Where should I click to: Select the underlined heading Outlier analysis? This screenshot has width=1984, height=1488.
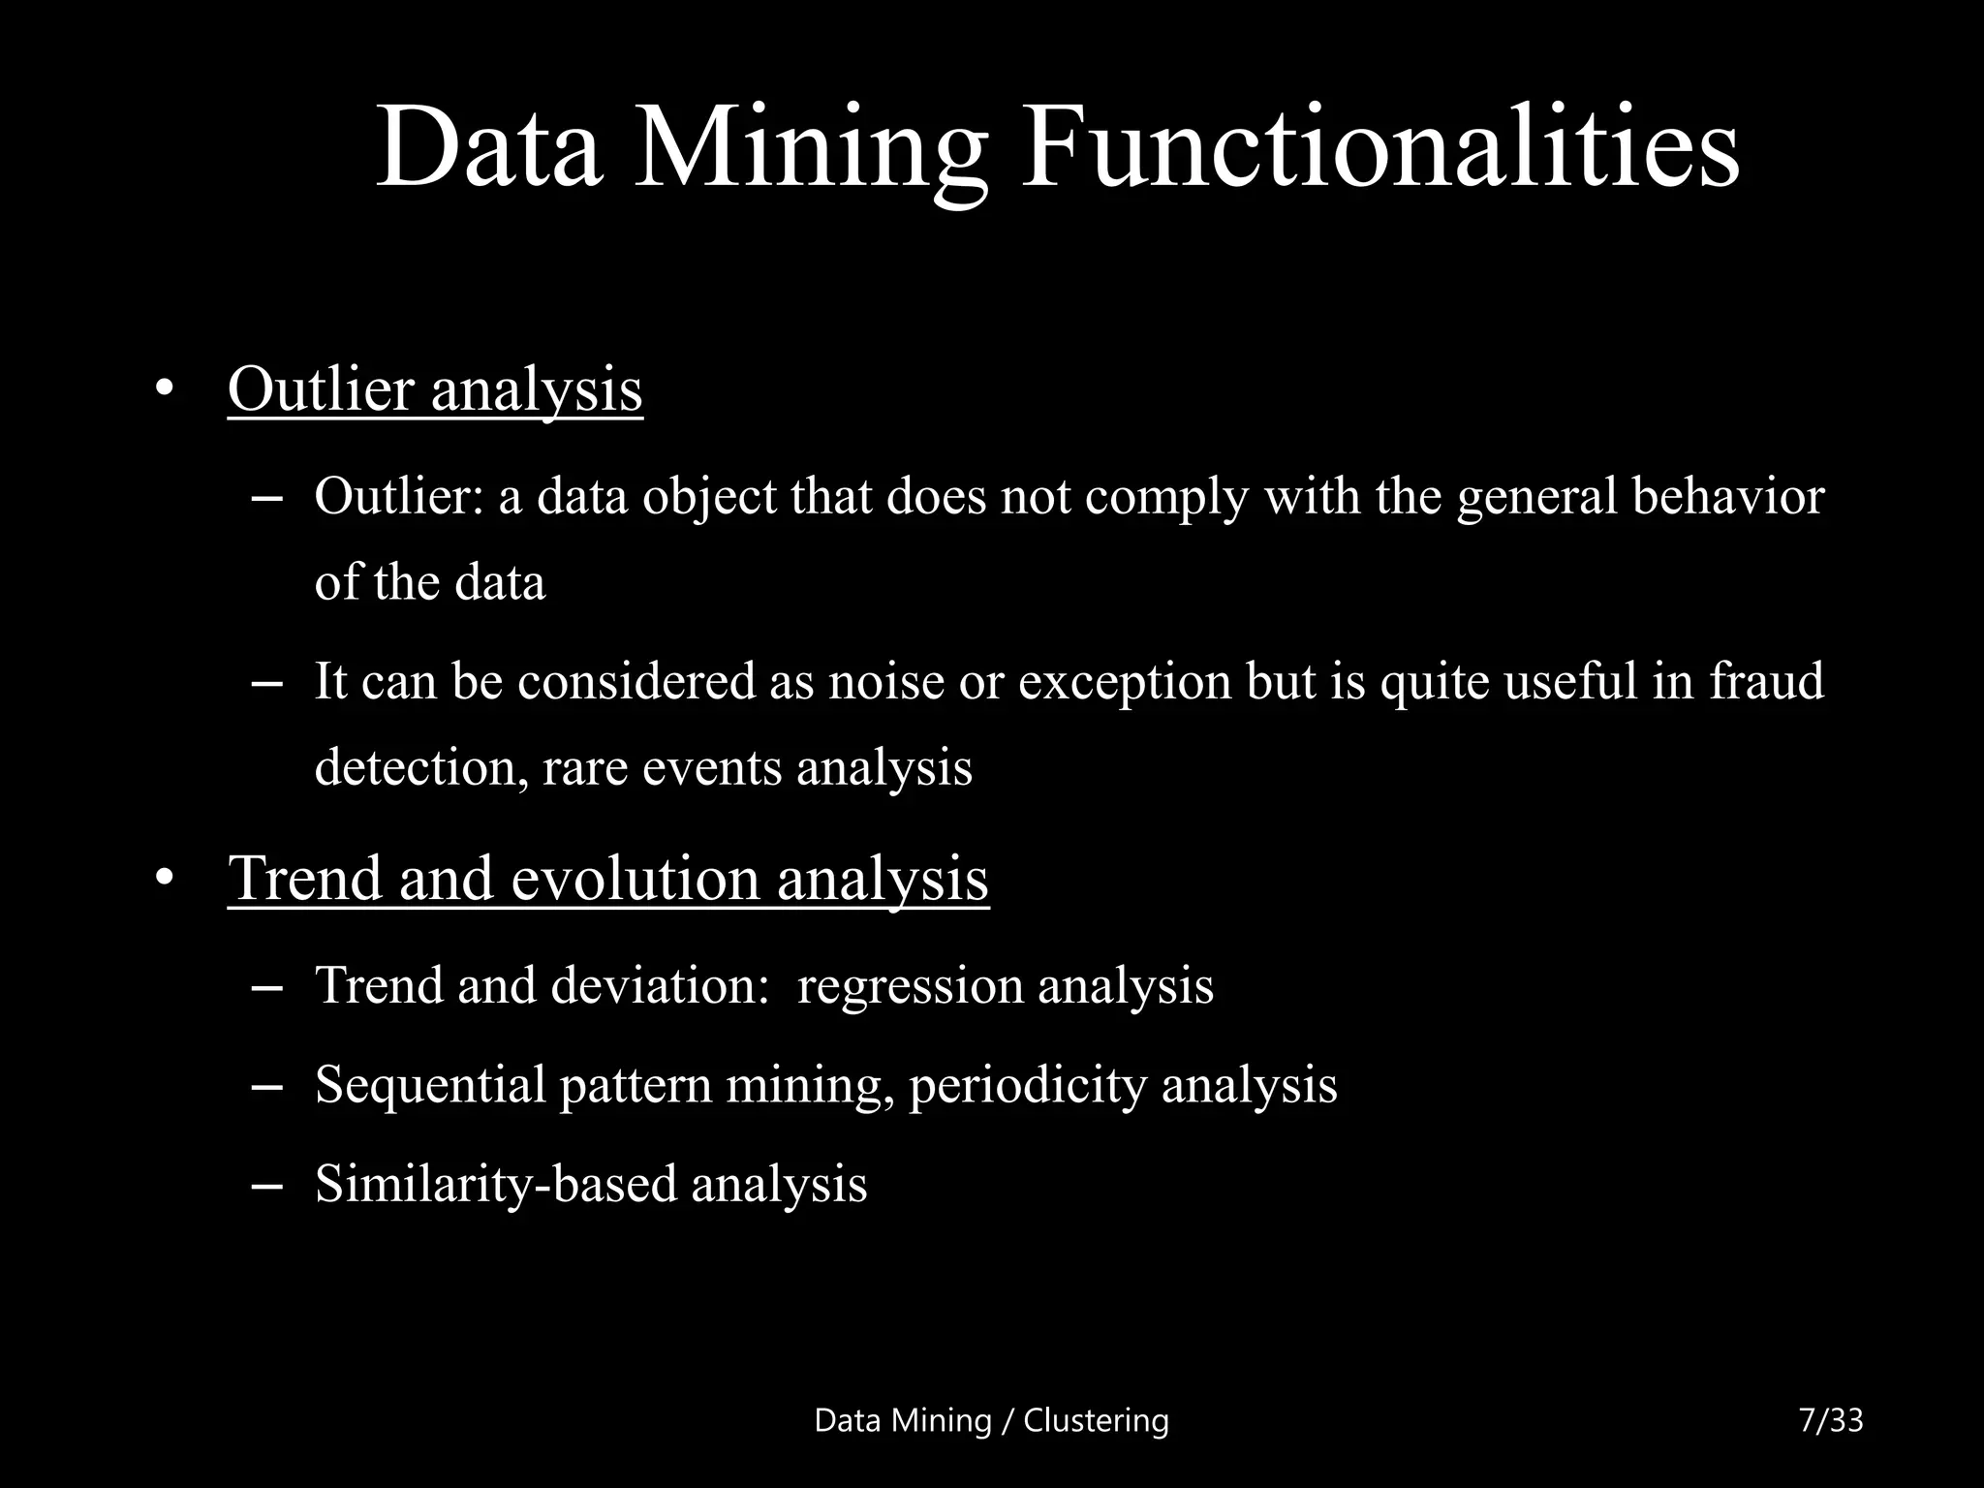pyautogui.click(x=435, y=389)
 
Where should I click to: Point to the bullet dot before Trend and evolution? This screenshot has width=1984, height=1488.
pyautogui.click(x=164, y=879)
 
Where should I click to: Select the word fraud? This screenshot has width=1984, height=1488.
pyautogui.click(x=1766, y=680)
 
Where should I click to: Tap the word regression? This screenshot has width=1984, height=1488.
pyautogui.click(x=910, y=986)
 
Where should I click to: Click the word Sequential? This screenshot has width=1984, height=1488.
pyautogui.click(x=431, y=1085)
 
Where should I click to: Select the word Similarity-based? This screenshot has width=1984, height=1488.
pyautogui.click(x=496, y=1184)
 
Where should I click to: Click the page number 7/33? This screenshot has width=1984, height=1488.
pyautogui.click(x=1830, y=1420)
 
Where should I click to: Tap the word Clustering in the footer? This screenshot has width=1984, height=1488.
pyautogui.click(x=1096, y=1421)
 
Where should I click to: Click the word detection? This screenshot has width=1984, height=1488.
pyautogui.click(x=420, y=767)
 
